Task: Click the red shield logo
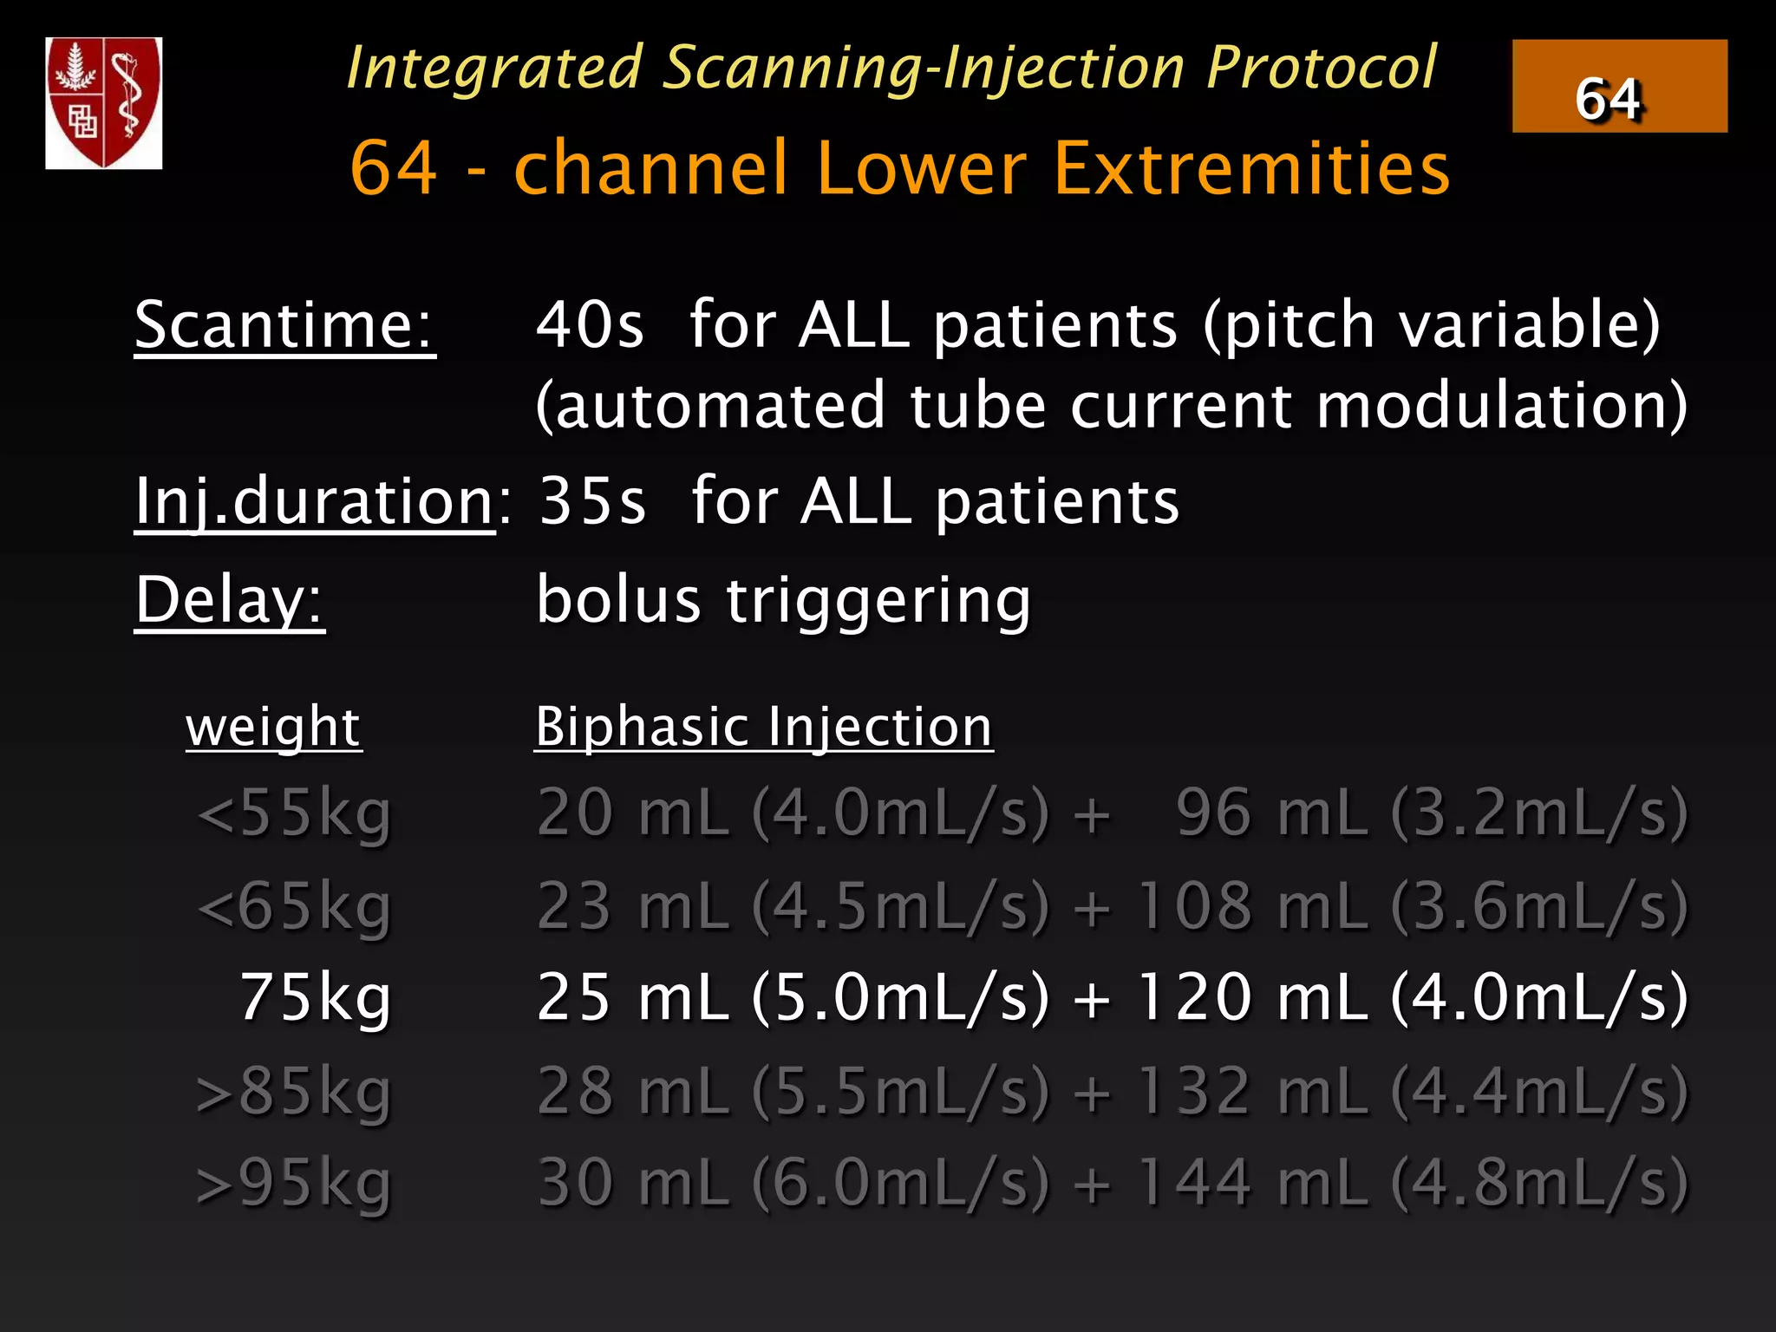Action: click(104, 102)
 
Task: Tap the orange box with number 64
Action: click(1619, 87)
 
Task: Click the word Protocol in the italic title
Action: click(1321, 68)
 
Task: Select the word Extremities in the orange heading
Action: click(1251, 167)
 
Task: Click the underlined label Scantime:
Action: click(284, 325)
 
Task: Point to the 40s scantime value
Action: click(590, 325)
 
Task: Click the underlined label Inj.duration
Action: click(314, 503)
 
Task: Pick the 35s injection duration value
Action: click(592, 502)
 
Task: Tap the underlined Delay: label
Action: click(230, 600)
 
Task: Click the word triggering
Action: click(878, 600)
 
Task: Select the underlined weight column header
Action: click(273, 727)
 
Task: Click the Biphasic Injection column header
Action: click(763, 727)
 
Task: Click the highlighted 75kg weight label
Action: click(315, 998)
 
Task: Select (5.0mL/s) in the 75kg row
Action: click(901, 998)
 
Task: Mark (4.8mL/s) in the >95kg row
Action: click(1539, 1183)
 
